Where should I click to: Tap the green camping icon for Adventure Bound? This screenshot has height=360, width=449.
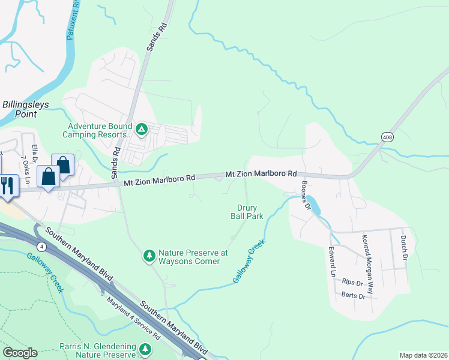tap(141, 129)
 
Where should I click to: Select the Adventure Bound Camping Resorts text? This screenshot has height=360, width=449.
tap(100, 131)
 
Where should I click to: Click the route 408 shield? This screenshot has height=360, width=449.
tap(386, 137)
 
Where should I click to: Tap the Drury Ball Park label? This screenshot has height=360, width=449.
tap(247, 212)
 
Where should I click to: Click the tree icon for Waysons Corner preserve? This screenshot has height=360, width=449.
tap(149, 256)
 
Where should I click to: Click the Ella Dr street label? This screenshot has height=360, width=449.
tap(35, 154)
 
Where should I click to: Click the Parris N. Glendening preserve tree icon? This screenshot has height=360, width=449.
tap(145, 349)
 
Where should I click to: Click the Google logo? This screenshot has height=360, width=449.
tap(20, 352)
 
